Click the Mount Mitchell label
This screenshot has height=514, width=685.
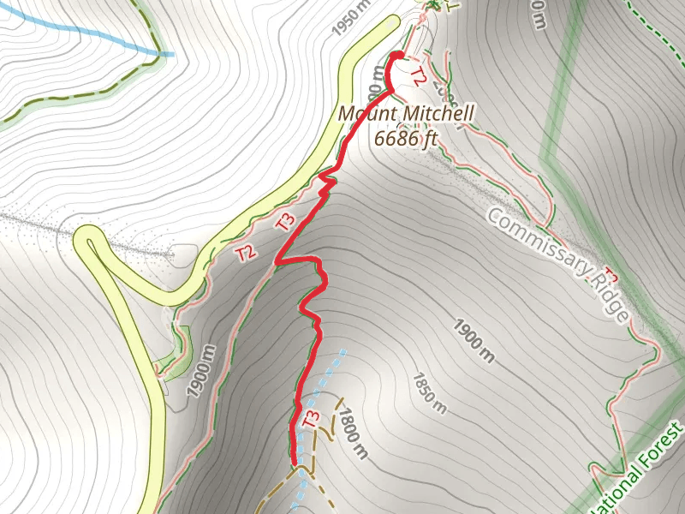[406, 114]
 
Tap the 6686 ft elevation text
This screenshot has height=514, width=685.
[406, 137]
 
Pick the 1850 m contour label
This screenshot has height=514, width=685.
[429, 389]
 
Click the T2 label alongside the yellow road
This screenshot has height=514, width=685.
[247, 252]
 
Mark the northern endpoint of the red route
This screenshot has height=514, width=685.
[397, 56]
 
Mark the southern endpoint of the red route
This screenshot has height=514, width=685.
[296, 462]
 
